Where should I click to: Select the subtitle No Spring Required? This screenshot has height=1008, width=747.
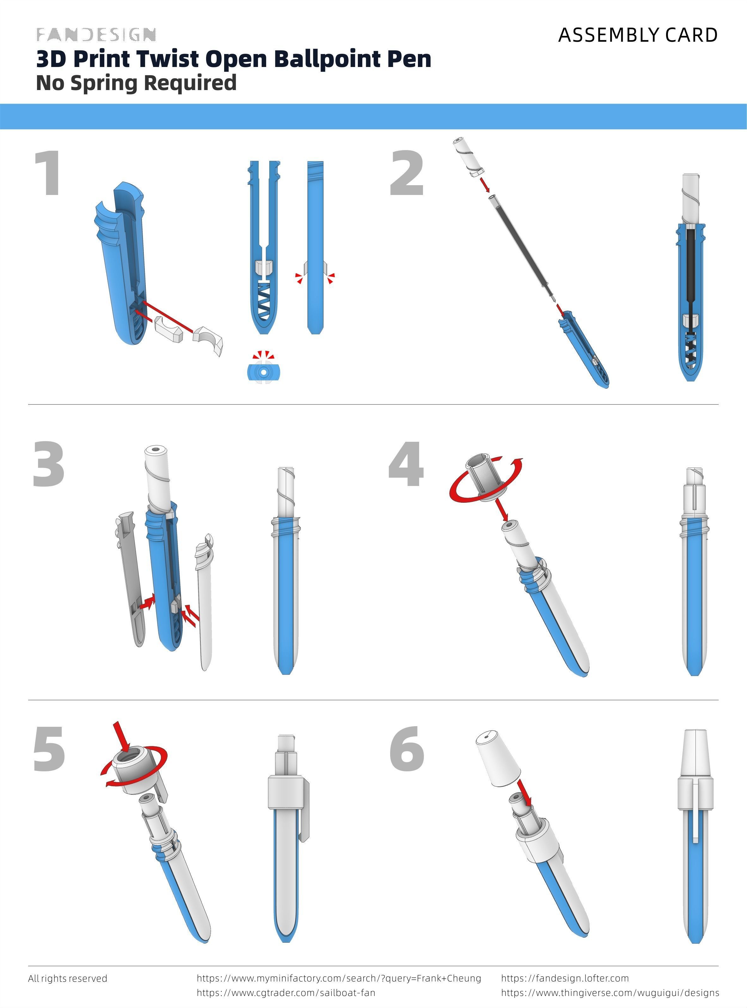point(136,83)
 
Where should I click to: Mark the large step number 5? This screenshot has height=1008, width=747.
point(49,750)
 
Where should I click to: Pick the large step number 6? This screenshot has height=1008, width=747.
point(407,750)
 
